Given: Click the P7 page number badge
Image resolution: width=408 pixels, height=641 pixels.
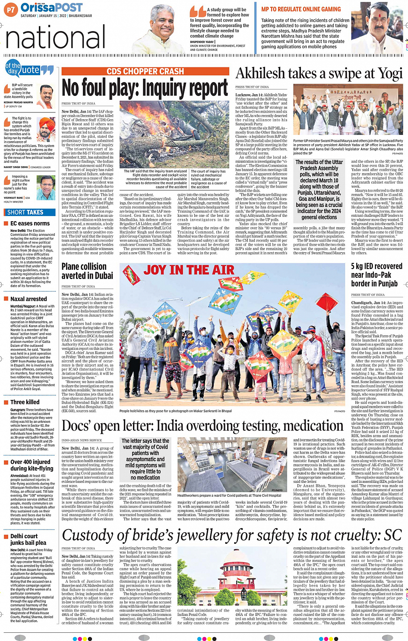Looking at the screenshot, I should coord(11,9).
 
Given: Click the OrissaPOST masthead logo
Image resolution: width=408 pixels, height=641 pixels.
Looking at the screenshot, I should coord(51,8).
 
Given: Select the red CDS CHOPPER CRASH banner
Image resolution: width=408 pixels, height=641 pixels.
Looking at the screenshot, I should coord(145,72).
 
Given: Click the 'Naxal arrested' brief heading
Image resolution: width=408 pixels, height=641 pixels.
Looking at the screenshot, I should coord(28,299).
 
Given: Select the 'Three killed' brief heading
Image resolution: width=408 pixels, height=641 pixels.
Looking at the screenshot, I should coord(25,402).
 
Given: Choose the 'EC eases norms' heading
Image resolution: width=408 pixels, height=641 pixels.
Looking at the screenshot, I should coord(30,223).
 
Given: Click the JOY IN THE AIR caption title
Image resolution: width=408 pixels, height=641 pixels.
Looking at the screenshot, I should coord(189,270).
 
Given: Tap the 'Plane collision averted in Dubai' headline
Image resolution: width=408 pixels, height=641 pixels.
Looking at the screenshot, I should coord(87,271).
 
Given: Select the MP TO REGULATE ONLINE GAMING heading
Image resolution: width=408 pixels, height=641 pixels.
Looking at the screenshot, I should coord(301,9).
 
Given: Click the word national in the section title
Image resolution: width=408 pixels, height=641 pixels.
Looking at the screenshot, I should coord(55,38).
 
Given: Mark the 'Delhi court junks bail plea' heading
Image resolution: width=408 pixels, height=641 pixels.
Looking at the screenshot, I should coord(28,539).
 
